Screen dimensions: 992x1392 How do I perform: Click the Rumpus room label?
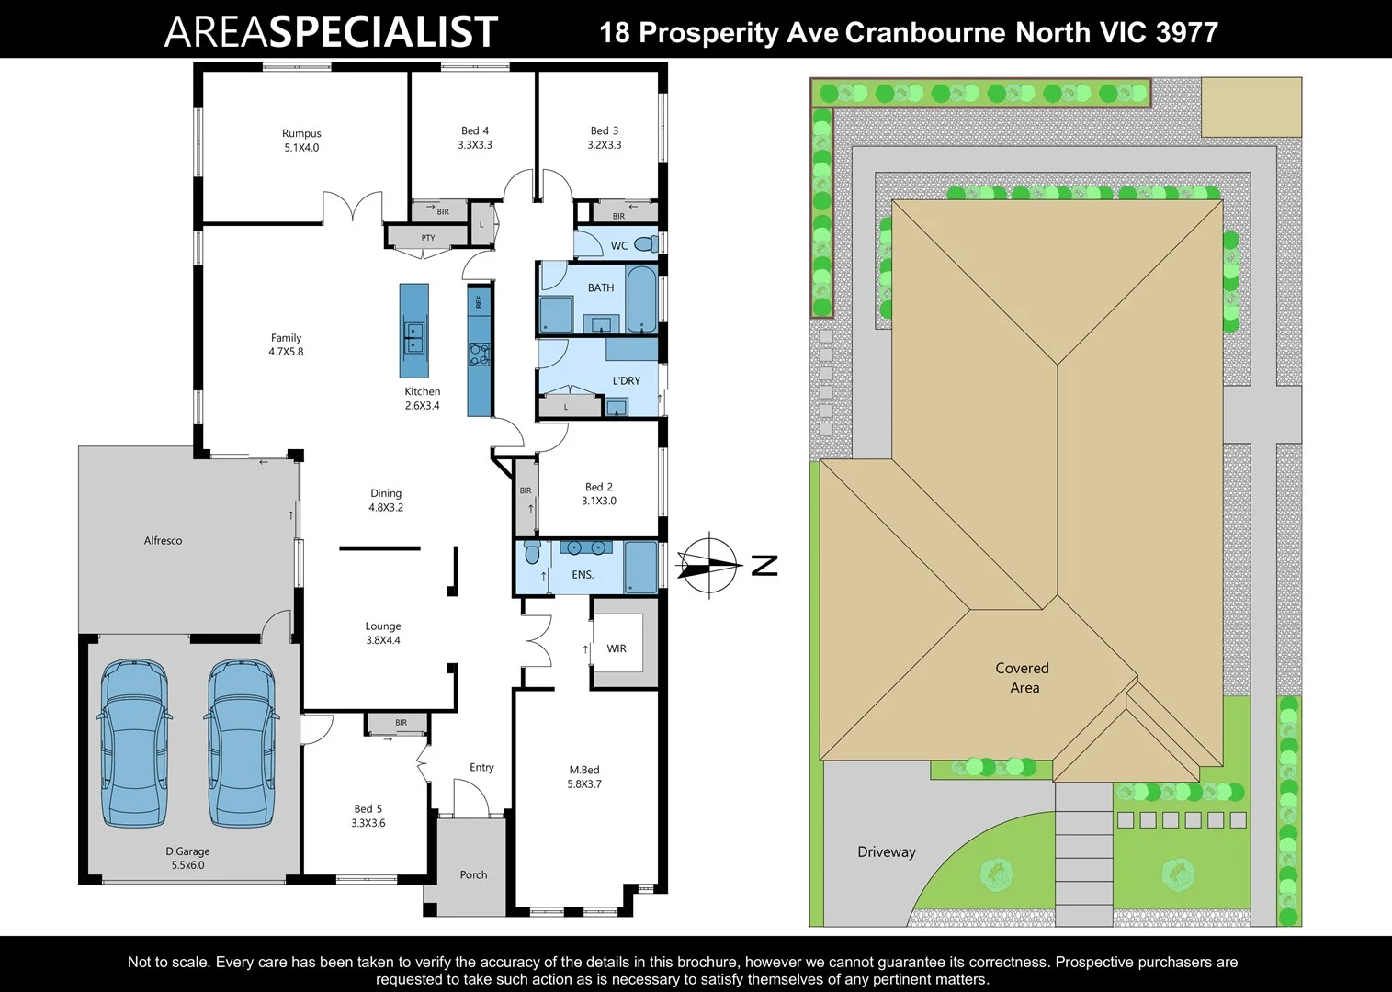coord(301,133)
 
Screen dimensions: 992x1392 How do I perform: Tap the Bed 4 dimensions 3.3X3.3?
coord(475,145)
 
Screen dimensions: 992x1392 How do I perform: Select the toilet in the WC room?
coord(647,244)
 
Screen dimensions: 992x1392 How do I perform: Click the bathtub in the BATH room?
coord(641,299)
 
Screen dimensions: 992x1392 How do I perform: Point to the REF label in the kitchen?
coord(479,301)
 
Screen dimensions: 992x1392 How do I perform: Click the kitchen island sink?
coord(414,337)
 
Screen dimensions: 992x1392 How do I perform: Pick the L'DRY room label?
coord(627,380)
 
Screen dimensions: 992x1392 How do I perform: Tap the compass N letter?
coord(764,566)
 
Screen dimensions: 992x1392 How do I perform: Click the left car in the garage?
coord(133,742)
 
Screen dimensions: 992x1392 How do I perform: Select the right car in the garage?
coord(241,742)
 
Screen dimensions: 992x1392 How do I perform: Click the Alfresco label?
coord(163,541)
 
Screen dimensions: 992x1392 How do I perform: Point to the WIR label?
coord(617,648)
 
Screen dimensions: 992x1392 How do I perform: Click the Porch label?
coord(473,874)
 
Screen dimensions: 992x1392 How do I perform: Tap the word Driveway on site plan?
coord(887,851)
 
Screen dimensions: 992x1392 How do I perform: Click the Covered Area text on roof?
coord(1023,678)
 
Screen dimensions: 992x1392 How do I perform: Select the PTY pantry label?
coord(428,238)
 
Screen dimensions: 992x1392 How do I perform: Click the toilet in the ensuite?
coord(532,553)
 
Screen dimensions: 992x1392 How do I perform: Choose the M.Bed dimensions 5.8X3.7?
coord(584,784)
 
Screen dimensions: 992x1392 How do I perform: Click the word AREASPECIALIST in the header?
coord(331,32)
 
